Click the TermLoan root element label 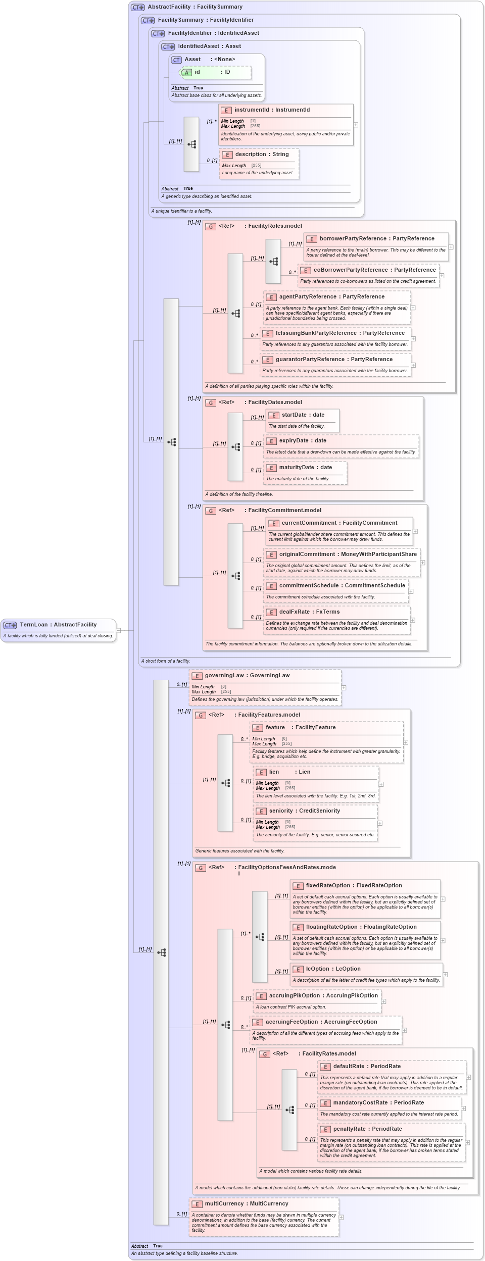(33, 625)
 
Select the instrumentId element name (252, 110)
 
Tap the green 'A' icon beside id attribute (186, 72)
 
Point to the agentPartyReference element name (308, 296)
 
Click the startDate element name (294, 415)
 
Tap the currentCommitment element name (309, 523)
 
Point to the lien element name (274, 772)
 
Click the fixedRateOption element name (328, 885)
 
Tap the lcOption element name (317, 969)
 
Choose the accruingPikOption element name (295, 995)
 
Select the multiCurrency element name (224, 1203)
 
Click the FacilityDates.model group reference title (275, 402)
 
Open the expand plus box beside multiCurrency (341, 1217)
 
